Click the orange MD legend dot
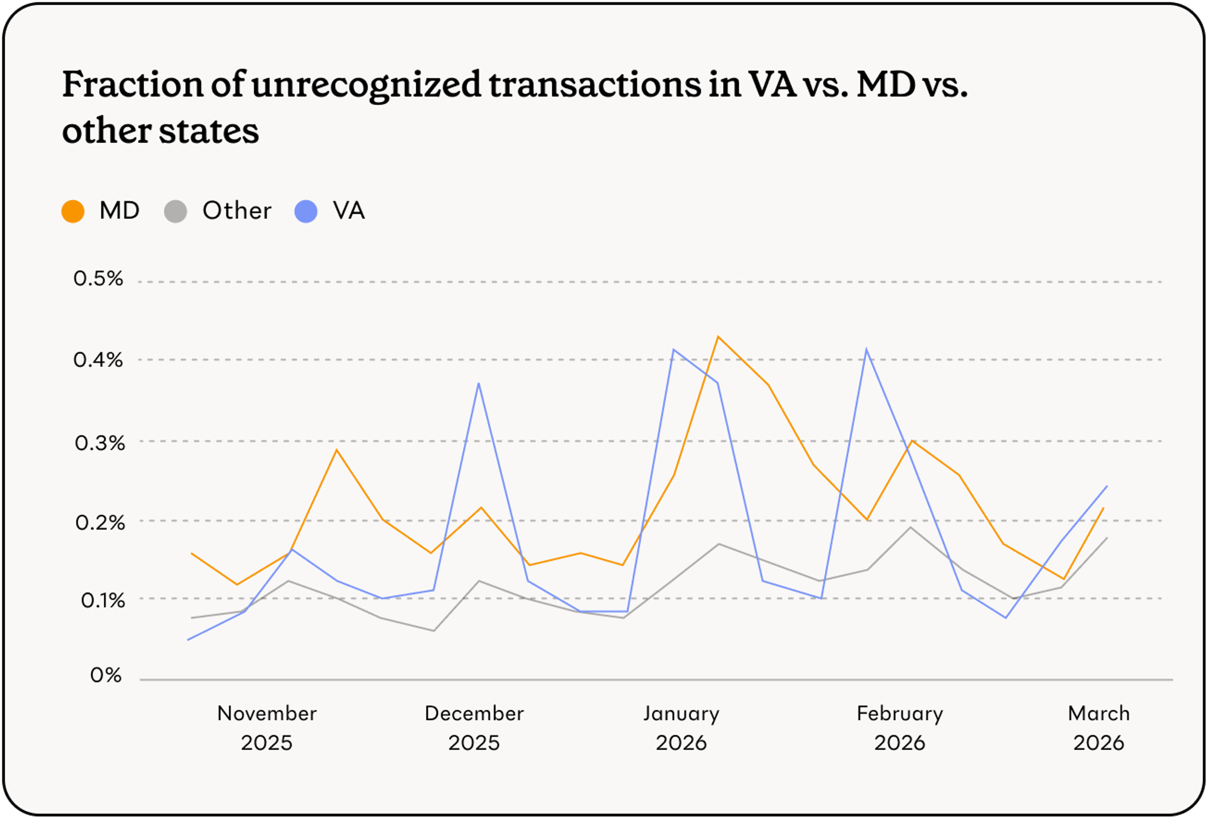pyautogui.click(x=73, y=212)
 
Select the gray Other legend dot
pyautogui.click(x=176, y=212)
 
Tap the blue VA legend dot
pyautogui.click(x=306, y=212)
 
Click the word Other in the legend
pyautogui.click(x=237, y=211)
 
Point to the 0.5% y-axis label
pyautogui.click(x=98, y=279)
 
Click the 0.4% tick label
pyautogui.click(x=98, y=360)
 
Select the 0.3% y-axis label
pyautogui.click(x=100, y=443)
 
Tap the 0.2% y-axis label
pyautogui.click(x=100, y=522)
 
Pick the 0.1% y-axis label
pyautogui.click(x=103, y=601)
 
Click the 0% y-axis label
pyautogui.click(x=106, y=675)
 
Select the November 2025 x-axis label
pyautogui.click(x=267, y=728)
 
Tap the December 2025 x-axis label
pyautogui.click(x=474, y=728)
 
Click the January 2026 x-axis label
pyautogui.click(x=681, y=728)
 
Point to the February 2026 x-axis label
pyautogui.click(x=899, y=728)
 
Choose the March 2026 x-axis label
pyautogui.click(x=1098, y=728)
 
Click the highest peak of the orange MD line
pyautogui.click(x=718, y=337)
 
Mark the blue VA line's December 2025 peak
pyautogui.click(x=479, y=384)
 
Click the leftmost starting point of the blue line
pyautogui.click(x=189, y=639)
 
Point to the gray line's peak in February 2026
pyautogui.click(x=911, y=528)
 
